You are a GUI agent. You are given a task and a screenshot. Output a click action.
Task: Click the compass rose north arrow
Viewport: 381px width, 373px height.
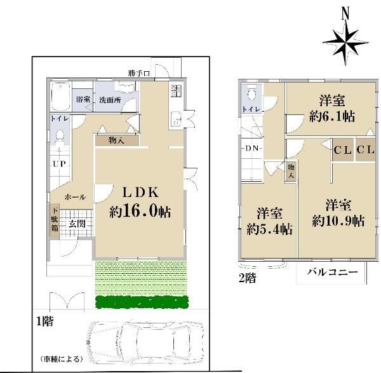click(x=345, y=39)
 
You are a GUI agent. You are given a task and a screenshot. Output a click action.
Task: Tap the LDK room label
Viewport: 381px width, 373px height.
click(x=140, y=193)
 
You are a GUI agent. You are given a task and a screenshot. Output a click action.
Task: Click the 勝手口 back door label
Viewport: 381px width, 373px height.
click(x=139, y=73)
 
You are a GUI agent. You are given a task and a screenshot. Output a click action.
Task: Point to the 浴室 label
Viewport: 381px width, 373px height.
click(x=83, y=99)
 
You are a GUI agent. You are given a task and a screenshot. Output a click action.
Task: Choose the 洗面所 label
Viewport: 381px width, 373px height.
click(x=110, y=100)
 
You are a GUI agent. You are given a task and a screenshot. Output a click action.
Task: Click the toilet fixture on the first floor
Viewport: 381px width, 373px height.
click(x=60, y=137)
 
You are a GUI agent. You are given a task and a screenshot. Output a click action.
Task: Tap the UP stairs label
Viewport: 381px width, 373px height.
click(x=59, y=164)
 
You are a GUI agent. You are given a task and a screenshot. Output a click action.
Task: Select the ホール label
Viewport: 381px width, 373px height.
click(x=76, y=197)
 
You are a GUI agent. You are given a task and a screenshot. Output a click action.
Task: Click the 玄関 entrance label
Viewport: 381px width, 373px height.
click(x=77, y=224)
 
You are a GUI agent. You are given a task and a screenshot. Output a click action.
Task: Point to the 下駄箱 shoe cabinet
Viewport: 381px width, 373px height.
click(x=55, y=220)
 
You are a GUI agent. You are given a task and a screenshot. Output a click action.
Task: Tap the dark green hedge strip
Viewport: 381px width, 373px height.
click(x=142, y=302)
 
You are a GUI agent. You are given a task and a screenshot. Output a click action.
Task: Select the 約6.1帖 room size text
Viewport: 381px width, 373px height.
click(x=331, y=116)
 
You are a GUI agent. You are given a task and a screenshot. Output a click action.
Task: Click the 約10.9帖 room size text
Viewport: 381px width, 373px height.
click(x=338, y=220)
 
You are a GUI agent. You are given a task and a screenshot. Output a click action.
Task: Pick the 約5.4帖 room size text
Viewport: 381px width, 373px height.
click(x=269, y=229)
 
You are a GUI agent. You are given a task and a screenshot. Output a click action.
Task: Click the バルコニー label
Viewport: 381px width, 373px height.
click(x=332, y=271)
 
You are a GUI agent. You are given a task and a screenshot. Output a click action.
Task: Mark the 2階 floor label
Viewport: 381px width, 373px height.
click(x=248, y=278)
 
